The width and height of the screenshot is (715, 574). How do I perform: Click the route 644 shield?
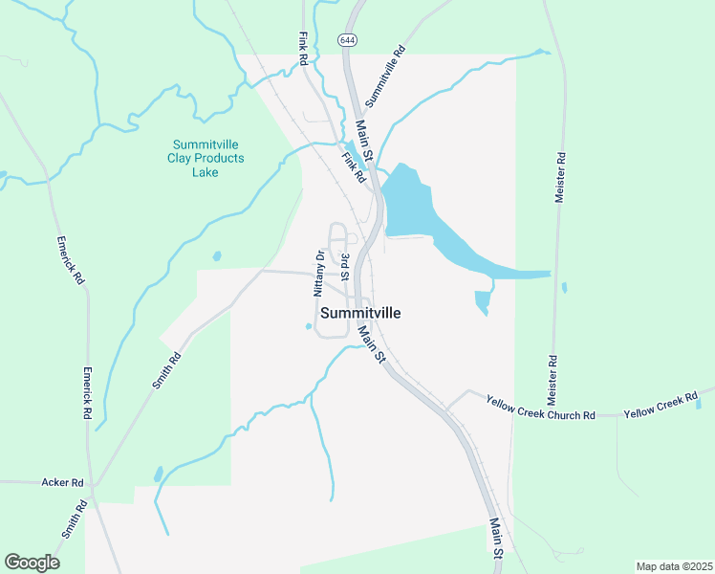346,40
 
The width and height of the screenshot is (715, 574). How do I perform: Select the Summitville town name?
360,313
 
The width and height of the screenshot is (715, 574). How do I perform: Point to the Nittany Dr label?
320,274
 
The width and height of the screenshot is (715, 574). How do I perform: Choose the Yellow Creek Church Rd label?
540,408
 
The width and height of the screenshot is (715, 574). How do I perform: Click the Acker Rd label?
63,482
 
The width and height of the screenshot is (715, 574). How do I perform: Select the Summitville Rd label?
386,75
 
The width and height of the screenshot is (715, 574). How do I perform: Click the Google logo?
32,563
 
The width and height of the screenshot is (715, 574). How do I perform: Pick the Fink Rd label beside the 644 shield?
303,49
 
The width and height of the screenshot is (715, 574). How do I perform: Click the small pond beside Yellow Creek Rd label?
699,404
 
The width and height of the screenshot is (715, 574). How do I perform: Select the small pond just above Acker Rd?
159,473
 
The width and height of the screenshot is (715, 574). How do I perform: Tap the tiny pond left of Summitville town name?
309,326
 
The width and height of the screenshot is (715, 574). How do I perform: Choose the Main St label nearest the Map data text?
497,540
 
